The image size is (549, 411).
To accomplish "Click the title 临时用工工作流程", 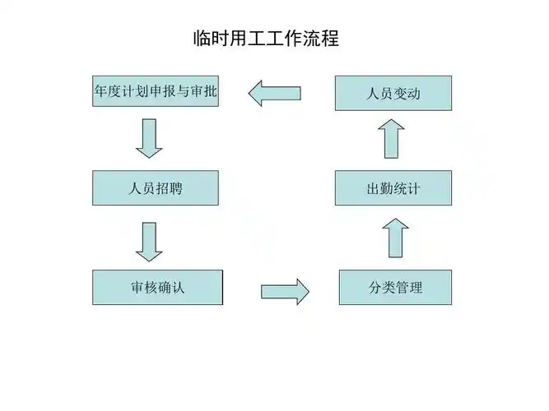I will (x=265, y=38).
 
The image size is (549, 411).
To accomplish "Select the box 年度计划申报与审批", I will (x=156, y=92).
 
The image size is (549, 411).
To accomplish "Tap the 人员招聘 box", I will (x=156, y=188).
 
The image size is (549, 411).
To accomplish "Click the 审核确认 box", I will (x=156, y=288).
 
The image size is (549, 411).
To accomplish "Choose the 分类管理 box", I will (x=395, y=288).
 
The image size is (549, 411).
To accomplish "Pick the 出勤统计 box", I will (x=393, y=188).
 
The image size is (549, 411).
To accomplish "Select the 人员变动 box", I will (x=393, y=93).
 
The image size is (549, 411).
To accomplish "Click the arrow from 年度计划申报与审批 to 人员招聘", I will (x=149, y=138).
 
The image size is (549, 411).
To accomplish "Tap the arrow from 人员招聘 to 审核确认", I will (x=149, y=241).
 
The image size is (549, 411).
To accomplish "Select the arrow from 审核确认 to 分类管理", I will (x=285, y=290).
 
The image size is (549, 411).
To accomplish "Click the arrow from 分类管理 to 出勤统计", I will (x=395, y=237).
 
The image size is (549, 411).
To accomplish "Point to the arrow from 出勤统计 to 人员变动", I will (x=393, y=138).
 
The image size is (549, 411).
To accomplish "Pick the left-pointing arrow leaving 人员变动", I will (x=274, y=93).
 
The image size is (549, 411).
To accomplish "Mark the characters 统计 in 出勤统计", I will (x=407, y=188).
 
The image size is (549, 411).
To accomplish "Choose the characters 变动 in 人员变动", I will (x=407, y=93).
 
